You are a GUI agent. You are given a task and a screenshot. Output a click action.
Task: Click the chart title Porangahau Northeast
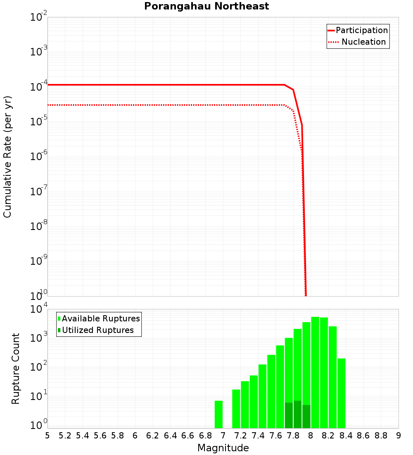[x=206, y=7]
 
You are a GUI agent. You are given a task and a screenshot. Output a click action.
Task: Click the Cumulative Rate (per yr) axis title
[x=7, y=157]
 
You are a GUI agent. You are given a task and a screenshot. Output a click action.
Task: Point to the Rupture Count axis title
[x=16, y=369]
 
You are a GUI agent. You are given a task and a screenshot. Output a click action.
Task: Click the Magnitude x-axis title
[x=223, y=448]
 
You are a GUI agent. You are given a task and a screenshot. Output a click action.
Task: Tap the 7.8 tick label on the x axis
[x=293, y=436]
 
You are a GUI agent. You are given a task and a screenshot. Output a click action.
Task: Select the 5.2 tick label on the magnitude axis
[x=65, y=436]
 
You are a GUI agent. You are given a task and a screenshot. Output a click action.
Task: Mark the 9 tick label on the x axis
[x=399, y=436]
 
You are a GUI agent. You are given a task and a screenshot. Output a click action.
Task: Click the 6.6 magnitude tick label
[x=188, y=436]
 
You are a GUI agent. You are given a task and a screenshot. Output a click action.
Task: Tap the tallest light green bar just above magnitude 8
[x=315, y=372]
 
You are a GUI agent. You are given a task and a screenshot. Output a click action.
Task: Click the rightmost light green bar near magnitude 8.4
[x=342, y=393]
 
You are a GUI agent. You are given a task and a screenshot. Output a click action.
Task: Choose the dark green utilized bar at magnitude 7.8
[x=297, y=414]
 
